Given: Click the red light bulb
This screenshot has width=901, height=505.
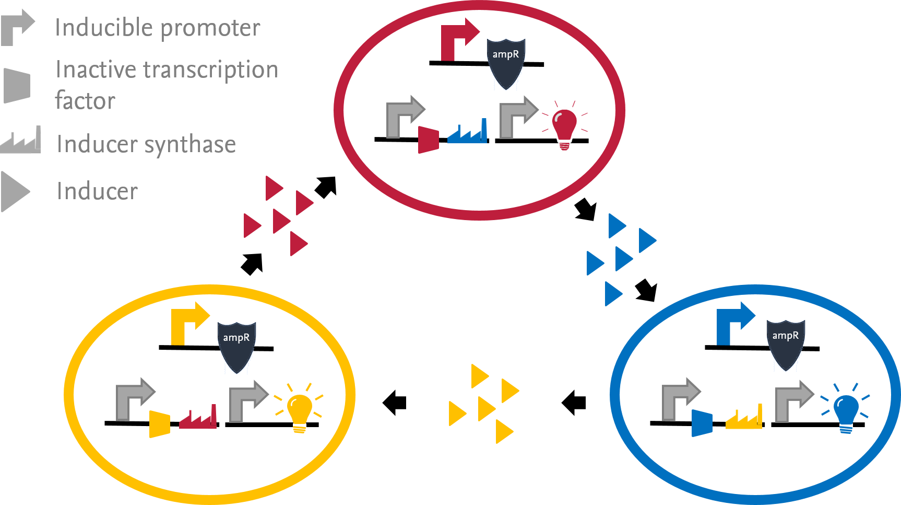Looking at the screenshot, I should [565, 125].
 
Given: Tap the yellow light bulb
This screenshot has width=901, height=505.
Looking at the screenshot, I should [299, 410].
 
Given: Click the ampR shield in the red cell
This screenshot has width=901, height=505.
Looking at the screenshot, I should [506, 63].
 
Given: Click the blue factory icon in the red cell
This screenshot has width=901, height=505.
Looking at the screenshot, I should [468, 133].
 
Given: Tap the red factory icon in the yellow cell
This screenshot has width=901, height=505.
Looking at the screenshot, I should [198, 418].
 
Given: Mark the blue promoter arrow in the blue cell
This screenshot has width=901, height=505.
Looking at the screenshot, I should [730, 324].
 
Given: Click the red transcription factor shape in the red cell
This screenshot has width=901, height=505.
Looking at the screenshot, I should [429, 140].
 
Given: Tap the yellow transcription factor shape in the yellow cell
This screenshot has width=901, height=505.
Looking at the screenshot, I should [160, 424].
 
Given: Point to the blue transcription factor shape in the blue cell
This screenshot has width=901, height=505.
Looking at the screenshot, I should [702, 423].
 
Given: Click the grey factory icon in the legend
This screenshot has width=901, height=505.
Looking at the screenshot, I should [21, 141].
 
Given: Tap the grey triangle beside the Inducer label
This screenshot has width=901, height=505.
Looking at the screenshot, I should [15, 192].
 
